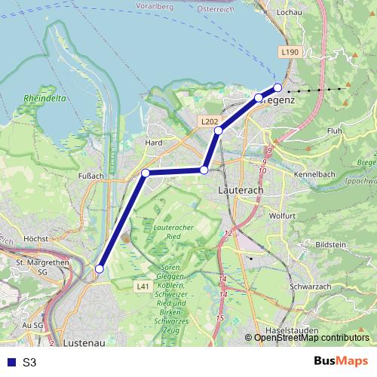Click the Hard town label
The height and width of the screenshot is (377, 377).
154,142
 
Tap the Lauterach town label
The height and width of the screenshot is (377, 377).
239,192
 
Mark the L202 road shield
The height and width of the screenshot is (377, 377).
210,121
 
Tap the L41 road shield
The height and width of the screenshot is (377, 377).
143,287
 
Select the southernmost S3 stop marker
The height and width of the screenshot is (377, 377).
99,268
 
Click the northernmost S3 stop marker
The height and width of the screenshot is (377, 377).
277,87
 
